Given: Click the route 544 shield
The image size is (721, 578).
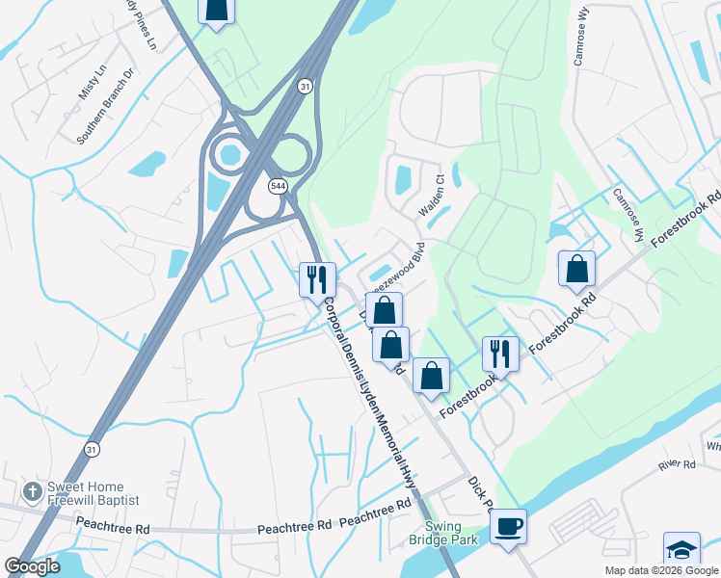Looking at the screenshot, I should coord(278,185).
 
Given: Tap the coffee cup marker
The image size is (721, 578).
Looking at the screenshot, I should coord(508,527).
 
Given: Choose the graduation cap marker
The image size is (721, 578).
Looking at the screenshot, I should coord(681,550).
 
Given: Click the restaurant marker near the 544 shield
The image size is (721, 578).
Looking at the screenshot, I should coord(317,280).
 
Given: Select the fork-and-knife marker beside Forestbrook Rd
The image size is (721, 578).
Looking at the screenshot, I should coord(500,354).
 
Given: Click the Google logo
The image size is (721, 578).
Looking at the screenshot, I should coord(32,566).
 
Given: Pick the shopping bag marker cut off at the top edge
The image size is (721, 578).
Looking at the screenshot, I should coord(216,11).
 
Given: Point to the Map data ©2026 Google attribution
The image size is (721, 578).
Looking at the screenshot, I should coord(660,570).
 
